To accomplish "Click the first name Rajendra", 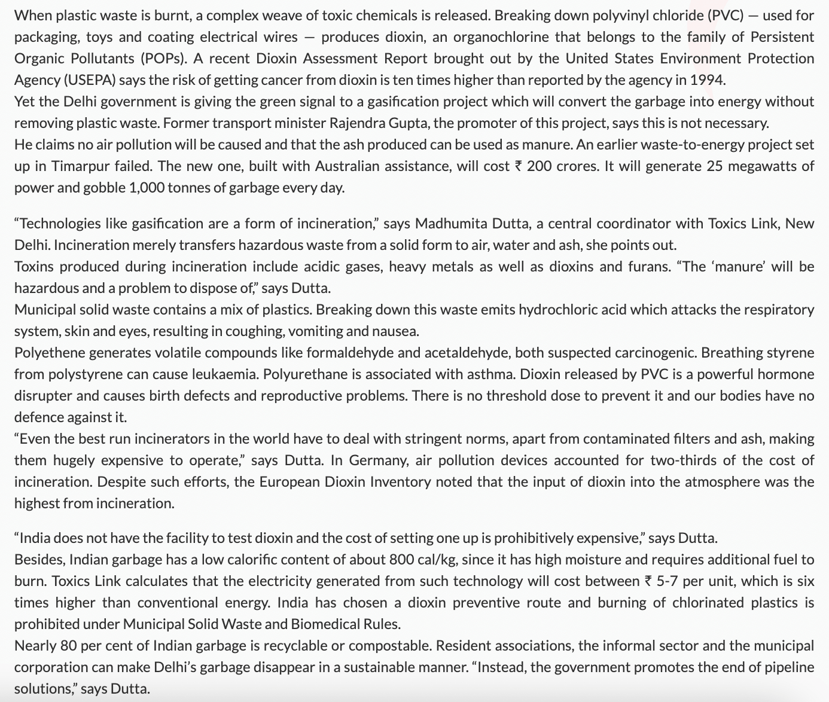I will pyautogui.click(x=355, y=123).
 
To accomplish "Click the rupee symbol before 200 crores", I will pyautogui.click(x=518, y=166).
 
